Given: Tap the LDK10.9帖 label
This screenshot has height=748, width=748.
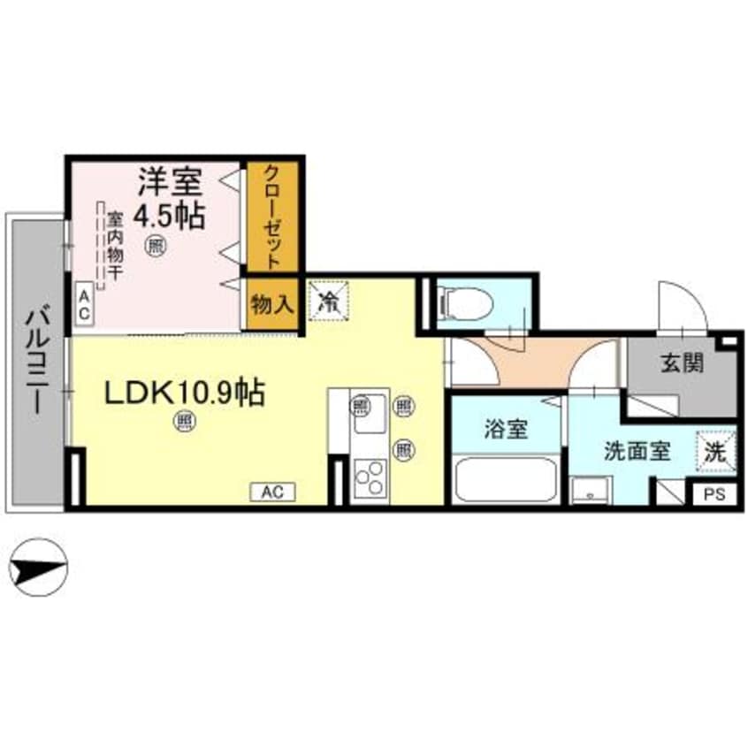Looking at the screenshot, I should pos(184,393).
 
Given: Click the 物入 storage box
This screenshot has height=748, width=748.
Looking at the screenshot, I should pos(272,306).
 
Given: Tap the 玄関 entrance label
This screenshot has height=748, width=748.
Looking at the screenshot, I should pos(682,363).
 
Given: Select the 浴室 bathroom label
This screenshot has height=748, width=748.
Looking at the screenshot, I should pos(506,430).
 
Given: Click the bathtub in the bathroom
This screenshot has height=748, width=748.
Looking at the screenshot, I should pos(505,480).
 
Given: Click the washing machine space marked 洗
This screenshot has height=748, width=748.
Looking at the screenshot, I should pos(714,448).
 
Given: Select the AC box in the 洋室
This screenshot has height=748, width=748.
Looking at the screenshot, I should pos(84,306).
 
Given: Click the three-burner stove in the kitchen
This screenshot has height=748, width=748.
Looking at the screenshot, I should pos(370,480).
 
